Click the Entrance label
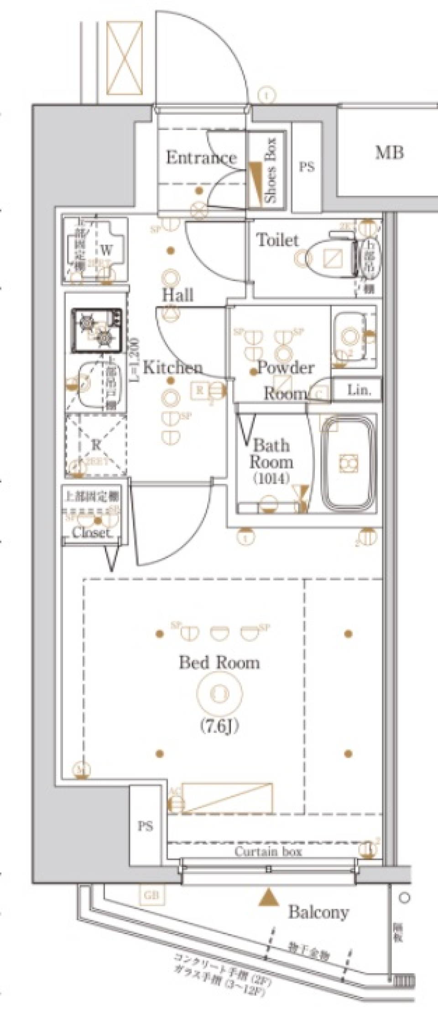click(201, 158)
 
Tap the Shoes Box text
click(271, 170)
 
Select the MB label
click(389, 152)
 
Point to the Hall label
click(178, 295)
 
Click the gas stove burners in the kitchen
click(97, 330)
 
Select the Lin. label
click(359, 390)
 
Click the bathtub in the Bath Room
click(349, 464)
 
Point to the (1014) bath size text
click(271, 479)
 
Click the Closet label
click(91, 532)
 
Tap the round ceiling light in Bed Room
click(219, 693)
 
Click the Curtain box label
click(268, 851)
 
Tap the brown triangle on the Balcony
click(269, 897)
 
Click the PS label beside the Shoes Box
click(307, 167)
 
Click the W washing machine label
click(106, 250)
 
